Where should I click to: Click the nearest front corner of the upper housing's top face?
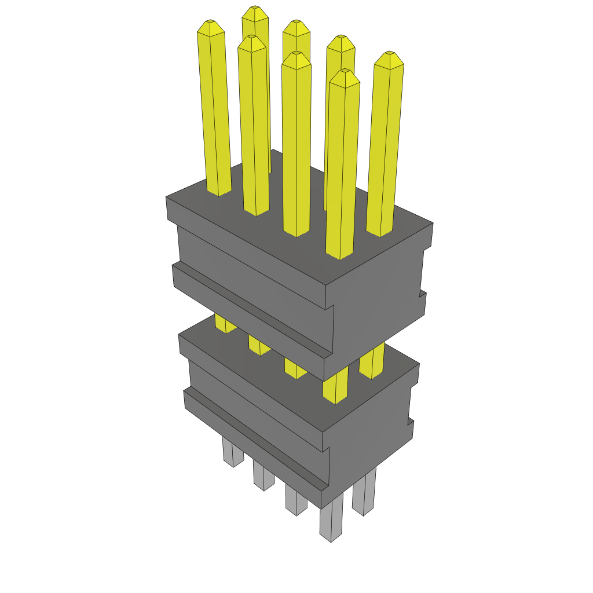[325, 285]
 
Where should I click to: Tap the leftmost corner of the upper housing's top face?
[166, 197]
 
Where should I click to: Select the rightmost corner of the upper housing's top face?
[433, 223]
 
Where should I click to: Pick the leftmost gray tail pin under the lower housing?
[233, 452]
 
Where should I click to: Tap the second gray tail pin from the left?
[263, 475]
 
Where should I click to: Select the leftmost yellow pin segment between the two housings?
[225, 323]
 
